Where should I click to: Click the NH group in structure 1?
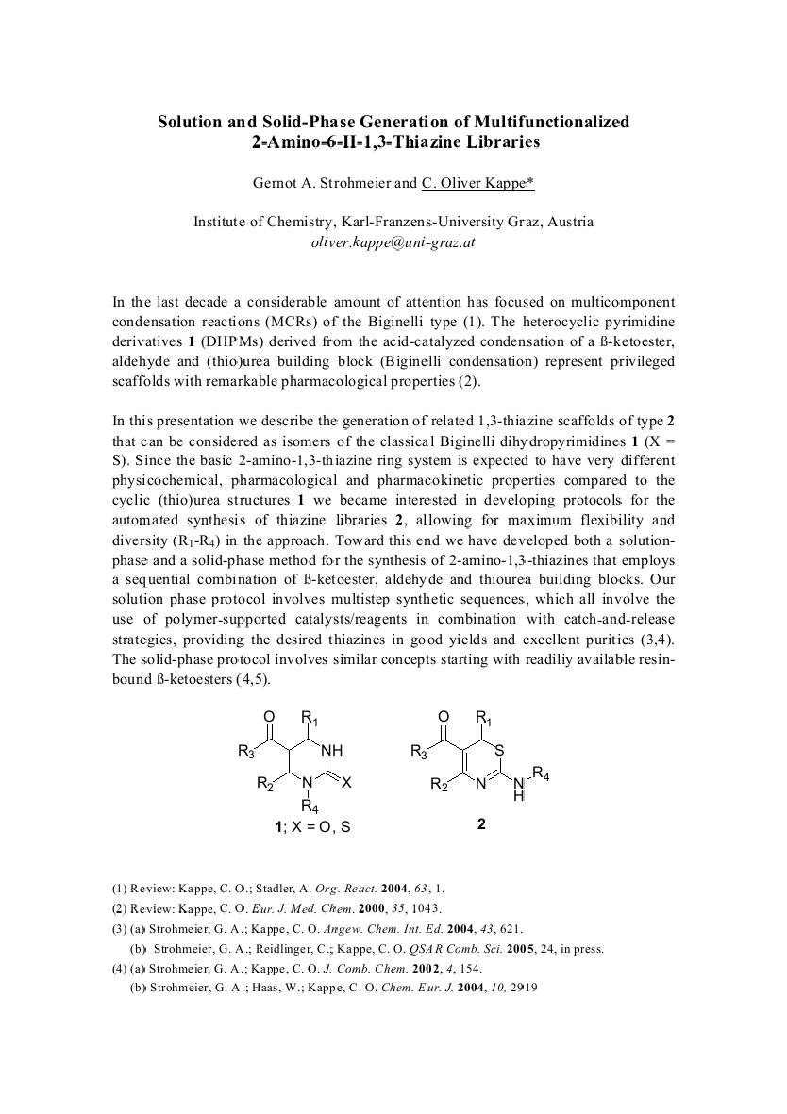point(332,750)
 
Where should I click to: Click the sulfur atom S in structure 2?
point(500,750)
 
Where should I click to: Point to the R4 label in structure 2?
point(542,774)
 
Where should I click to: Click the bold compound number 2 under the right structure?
point(481,824)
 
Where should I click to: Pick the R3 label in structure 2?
point(418,752)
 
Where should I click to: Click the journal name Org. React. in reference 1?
point(346,889)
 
